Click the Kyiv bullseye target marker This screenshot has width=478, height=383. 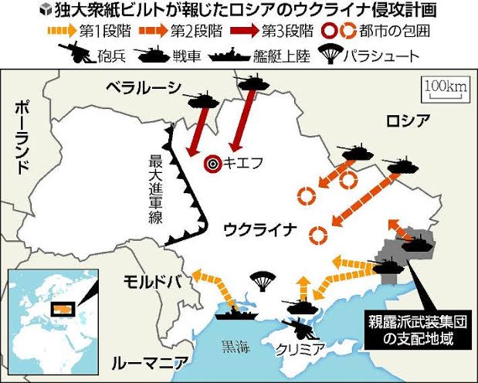[x=212, y=163]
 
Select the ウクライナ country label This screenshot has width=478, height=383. [x=259, y=229]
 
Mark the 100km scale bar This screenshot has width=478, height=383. [x=445, y=90]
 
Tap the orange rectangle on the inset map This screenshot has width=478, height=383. [x=61, y=308]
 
